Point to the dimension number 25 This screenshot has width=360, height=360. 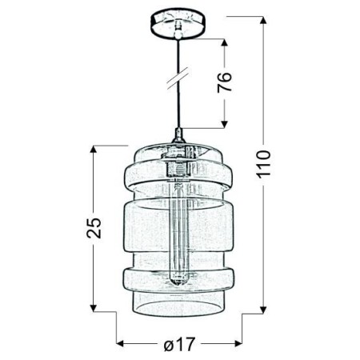(x=94, y=228)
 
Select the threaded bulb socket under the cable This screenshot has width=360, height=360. (x=178, y=168)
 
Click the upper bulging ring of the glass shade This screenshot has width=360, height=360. (x=178, y=175)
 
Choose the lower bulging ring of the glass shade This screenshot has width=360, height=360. (x=178, y=278)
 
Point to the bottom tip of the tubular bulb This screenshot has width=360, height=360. (x=178, y=284)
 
